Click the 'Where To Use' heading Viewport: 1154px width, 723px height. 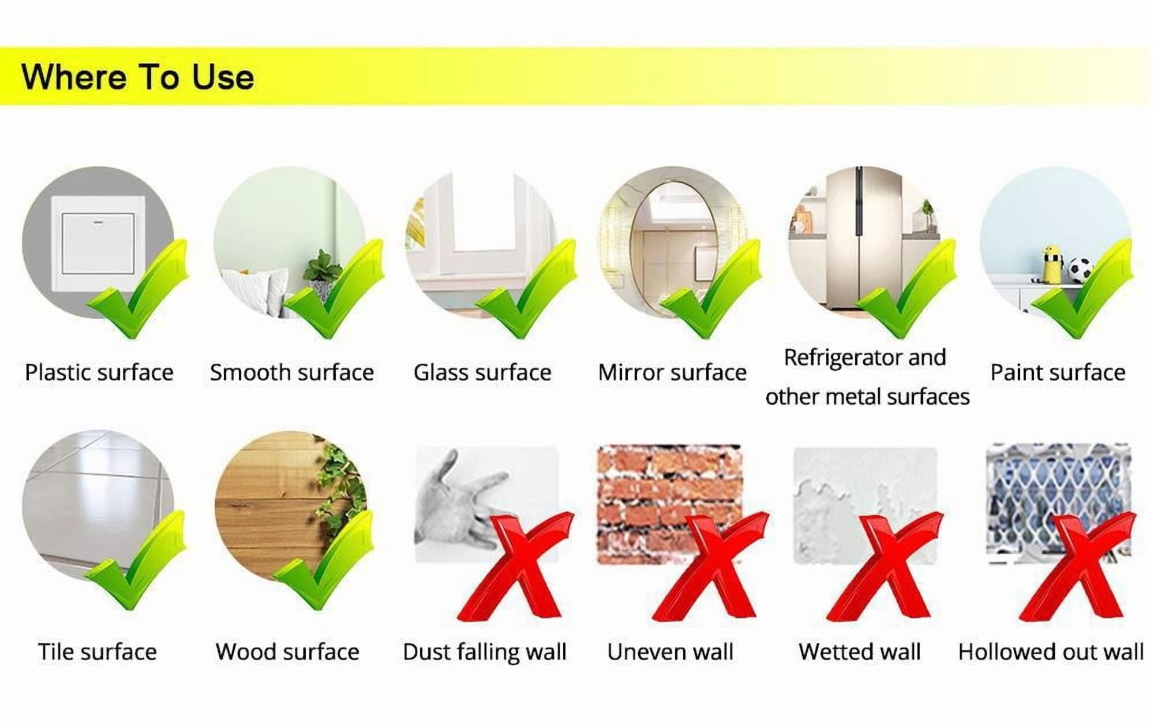point(138,77)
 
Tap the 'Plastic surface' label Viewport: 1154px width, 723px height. point(99,372)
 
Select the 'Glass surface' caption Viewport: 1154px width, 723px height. point(482,372)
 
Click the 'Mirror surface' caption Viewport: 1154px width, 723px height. point(672,372)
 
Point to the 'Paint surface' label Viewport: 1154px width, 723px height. point(1058,372)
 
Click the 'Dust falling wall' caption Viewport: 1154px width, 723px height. point(485,652)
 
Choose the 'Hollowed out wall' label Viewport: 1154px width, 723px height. point(1051,652)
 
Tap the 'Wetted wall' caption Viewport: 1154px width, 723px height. point(860,652)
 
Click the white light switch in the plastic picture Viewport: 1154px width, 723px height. point(98,243)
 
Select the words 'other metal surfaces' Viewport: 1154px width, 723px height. point(867,397)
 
